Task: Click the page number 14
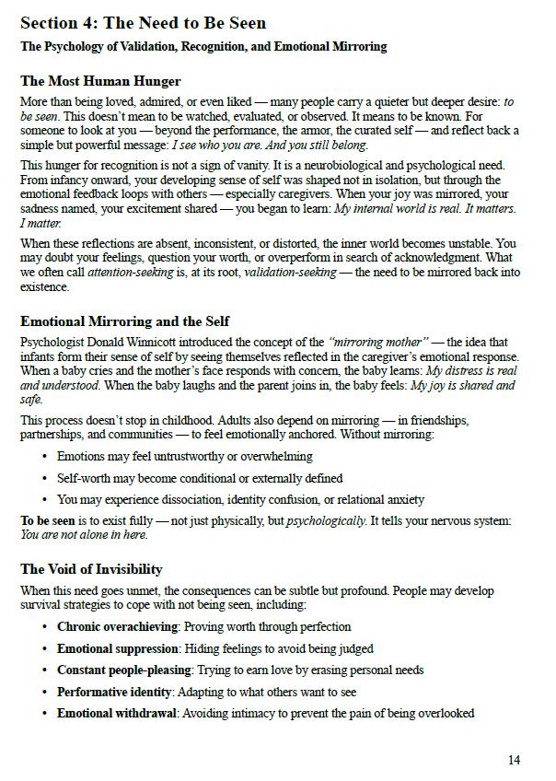(514, 760)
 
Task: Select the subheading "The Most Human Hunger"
(100, 81)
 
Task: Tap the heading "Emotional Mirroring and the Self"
(125, 321)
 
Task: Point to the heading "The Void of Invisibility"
(91, 569)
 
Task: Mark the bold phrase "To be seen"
(47, 521)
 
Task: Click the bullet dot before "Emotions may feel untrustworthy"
(45, 457)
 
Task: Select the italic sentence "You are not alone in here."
(84, 535)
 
